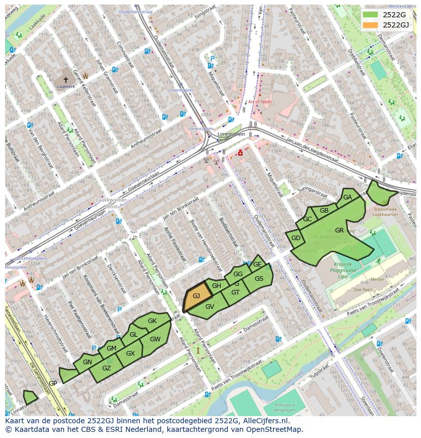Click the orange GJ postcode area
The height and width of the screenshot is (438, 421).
coord(196,296)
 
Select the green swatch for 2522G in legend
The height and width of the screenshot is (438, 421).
coord(371,15)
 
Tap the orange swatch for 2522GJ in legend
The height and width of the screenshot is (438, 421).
coord(371,25)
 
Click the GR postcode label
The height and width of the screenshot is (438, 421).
coord(340,230)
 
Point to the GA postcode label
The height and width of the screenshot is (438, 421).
coord(348,197)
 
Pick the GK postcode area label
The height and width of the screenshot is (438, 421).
coord(152,321)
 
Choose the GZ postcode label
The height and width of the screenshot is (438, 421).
coord(106,368)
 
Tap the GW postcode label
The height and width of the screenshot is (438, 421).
coord(155,339)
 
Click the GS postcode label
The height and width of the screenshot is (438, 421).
coord(259,279)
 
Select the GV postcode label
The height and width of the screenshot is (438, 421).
coord(209,306)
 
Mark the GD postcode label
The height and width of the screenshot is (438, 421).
coord(295,238)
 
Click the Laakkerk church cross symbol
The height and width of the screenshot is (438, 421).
coord(66,80)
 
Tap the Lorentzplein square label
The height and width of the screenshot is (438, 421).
coord(231,134)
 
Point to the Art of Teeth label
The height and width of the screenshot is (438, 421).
coord(260,102)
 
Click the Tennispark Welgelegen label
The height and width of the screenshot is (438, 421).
coord(284,410)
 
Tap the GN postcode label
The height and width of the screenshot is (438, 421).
coord(87,362)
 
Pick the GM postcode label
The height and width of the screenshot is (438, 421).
coord(111,348)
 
